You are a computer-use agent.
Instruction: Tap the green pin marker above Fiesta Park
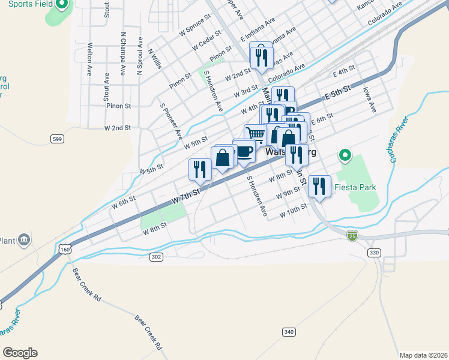[x=345, y=157]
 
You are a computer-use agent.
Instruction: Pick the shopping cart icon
[x=255, y=134]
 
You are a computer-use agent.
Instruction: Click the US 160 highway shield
[x=65, y=248]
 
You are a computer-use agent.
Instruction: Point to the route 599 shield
[x=57, y=139]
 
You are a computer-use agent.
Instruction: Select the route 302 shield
[x=157, y=256]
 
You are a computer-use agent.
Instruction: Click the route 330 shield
[x=375, y=253]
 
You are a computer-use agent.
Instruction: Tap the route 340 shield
[x=289, y=332]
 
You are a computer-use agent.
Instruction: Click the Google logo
[x=20, y=353]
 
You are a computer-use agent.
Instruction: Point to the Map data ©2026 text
[x=423, y=355]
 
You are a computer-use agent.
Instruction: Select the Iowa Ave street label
[x=369, y=100]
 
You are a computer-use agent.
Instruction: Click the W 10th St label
[x=293, y=213]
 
